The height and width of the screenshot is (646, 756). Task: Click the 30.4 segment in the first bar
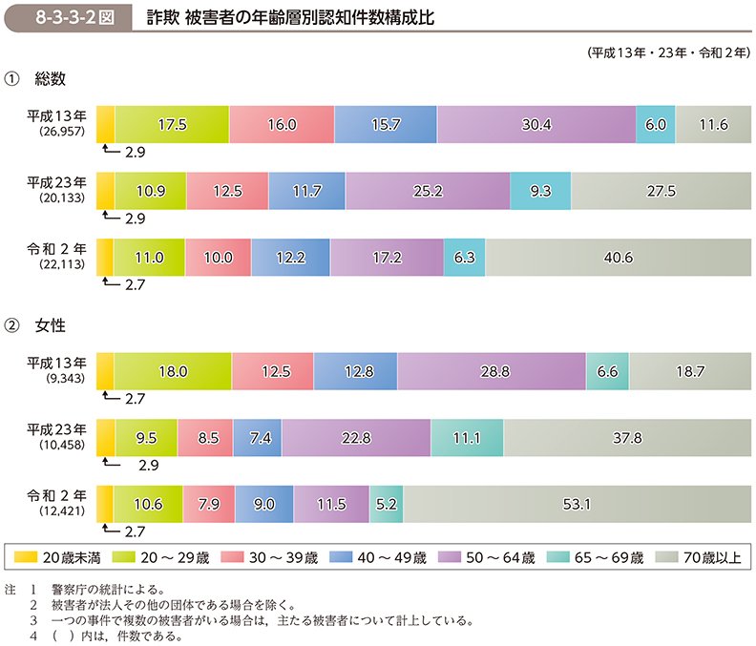tap(536, 124)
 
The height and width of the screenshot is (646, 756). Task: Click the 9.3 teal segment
tap(540, 191)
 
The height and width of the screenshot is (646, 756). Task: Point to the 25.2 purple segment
tap(427, 191)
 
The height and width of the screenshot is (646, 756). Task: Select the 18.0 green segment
tap(174, 371)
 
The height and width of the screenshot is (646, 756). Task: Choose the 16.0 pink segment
tap(283, 124)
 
